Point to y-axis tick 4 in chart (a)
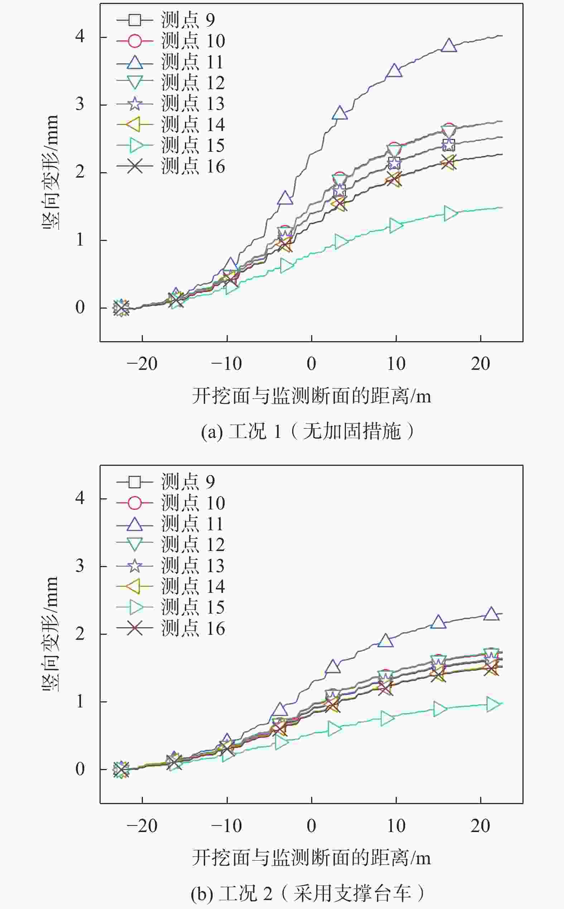tap(80, 37)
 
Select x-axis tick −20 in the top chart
tap(142, 364)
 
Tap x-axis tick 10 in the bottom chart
tap(396, 826)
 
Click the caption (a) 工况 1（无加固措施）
tap(308, 432)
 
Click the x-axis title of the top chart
tap(312, 396)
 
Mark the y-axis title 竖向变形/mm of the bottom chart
tap(50, 633)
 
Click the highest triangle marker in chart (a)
tap(449, 45)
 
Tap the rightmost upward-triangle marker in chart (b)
tap(491, 614)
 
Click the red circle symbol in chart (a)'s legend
tap(135, 41)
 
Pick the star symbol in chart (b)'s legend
tap(135, 566)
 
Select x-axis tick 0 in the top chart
tap(312, 364)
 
